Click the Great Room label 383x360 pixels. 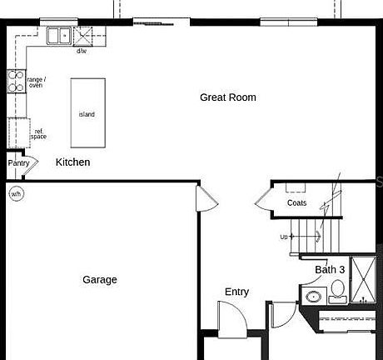(x=227, y=97)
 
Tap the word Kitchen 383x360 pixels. (x=72, y=162)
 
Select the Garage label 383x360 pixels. (x=99, y=280)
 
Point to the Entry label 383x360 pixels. (x=236, y=292)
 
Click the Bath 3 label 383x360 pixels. (x=330, y=270)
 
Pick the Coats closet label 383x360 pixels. (x=296, y=202)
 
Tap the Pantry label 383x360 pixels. (x=18, y=163)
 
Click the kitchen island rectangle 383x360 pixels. (x=87, y=112)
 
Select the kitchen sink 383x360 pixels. (x=58, y=35)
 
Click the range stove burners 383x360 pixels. (x=16, y=81)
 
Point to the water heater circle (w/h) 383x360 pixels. (x=16, y=194)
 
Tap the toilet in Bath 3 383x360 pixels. (x=337, y=291)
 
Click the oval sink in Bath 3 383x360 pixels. (x=315, y=297)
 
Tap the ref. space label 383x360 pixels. (x=38, y=133)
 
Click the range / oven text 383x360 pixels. (x=37, y=82)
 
